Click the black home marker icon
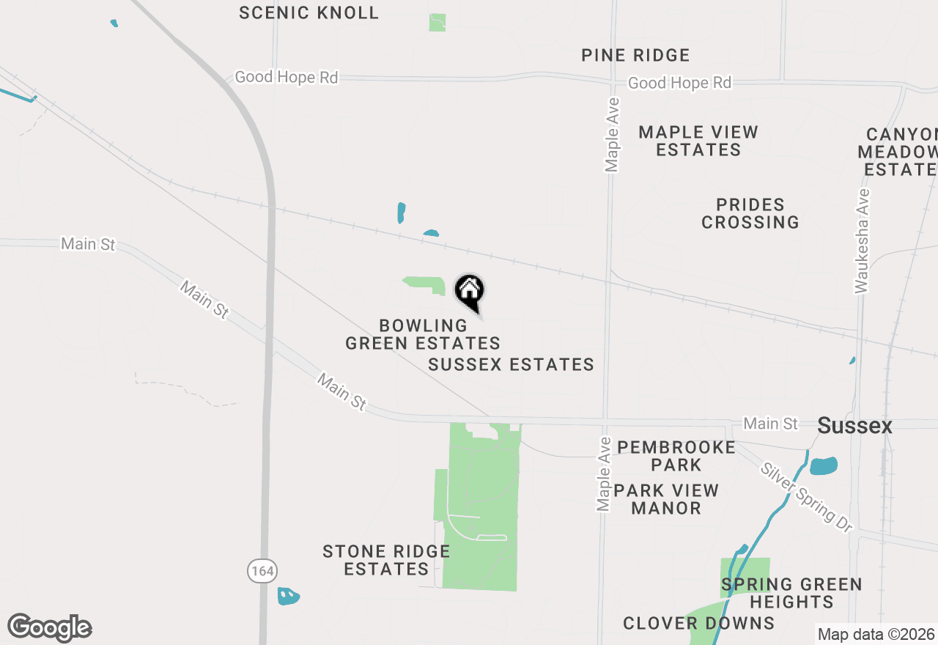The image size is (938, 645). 470,291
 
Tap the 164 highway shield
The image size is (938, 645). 262,570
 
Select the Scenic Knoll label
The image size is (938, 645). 309,12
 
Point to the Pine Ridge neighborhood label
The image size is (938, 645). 635,55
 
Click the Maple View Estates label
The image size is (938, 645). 698,141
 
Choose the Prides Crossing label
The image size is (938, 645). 750,213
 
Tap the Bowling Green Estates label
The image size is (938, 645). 423,334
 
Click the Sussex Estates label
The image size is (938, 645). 511,364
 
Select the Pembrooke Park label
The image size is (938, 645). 676,456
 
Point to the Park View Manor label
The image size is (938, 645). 666,499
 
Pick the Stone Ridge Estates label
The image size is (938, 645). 386,560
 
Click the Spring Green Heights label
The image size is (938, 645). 791,593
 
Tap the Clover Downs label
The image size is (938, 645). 698,623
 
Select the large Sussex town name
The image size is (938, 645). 854,426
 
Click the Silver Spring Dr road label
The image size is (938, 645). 807,496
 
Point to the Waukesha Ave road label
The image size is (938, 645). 862,241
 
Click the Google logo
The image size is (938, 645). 49,628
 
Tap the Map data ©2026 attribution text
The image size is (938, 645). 876,634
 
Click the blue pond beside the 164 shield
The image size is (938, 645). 289,596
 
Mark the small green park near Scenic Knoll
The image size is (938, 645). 437,23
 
